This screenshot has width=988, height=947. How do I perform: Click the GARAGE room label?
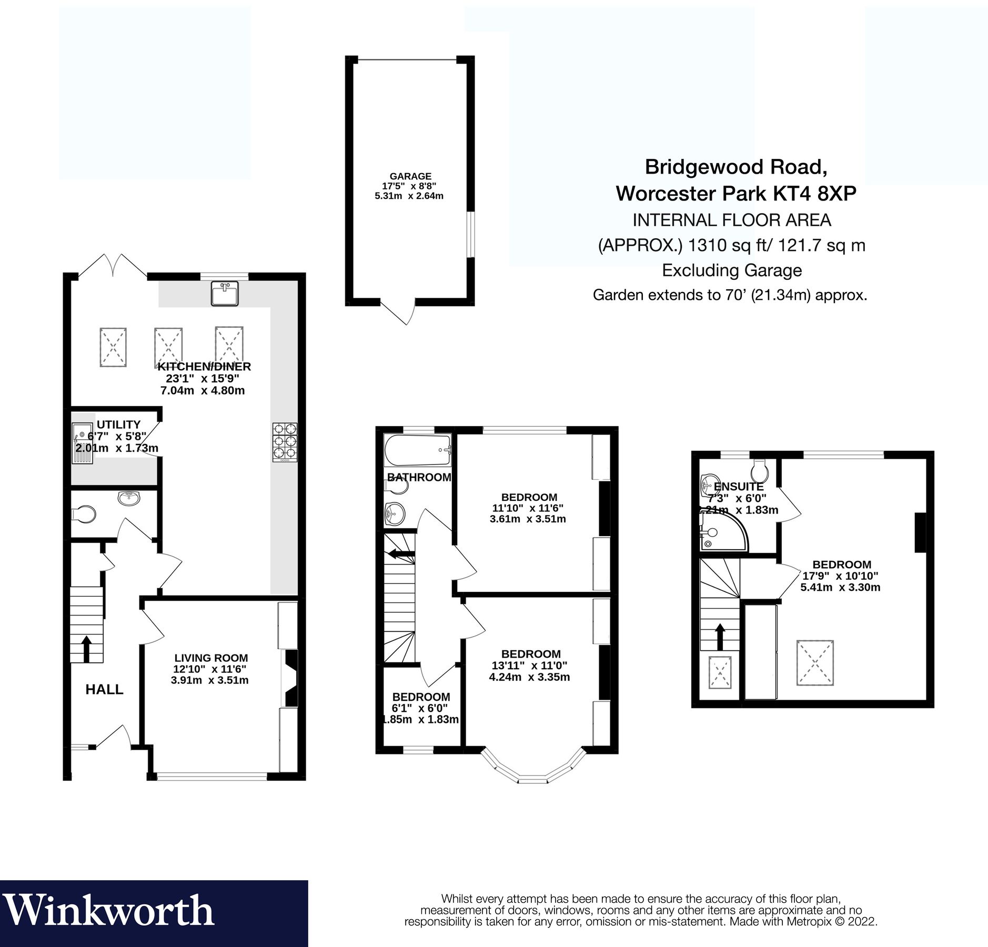click(x=410, y=177)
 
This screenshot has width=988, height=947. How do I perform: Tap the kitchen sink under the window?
click(x=225, y=293)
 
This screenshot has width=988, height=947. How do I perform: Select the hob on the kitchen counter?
click(x=285, y=442)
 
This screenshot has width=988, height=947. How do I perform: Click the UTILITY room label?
click(x=118, y=425)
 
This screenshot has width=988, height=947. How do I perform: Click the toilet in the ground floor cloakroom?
click(x=85, y=514)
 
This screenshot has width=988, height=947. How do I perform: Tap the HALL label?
click(x=104, y=689)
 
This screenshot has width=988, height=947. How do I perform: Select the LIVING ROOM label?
click(x=211, y=658)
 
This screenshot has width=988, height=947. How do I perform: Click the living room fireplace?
click(x=291, y=677)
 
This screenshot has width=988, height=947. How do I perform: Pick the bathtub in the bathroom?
click(x=418, y=450)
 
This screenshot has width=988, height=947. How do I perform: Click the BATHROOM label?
click(x=419, y=477)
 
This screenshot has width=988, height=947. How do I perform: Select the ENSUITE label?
click(x=738, y=487)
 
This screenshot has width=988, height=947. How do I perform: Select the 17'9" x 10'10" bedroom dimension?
click(x=840, y=576)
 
